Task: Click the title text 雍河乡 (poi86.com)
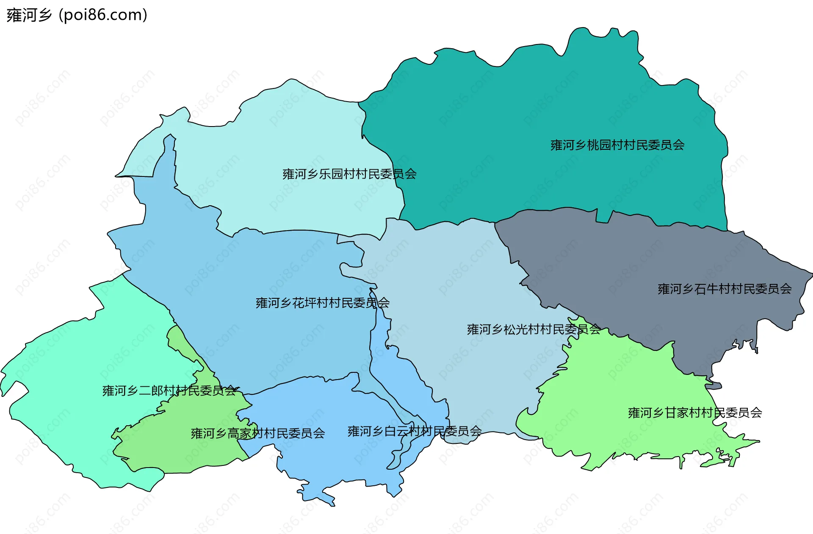(77, 15)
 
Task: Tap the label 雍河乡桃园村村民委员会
(617, 145)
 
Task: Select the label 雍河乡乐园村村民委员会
(349, 174)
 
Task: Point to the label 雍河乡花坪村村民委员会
(322, 303)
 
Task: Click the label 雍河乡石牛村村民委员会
(724, 289)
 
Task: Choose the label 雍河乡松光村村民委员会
(534, 329)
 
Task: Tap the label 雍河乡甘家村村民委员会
(694, 413)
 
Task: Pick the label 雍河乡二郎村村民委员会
(169, 391)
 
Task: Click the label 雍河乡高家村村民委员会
(257, 433)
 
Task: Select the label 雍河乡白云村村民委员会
(414, 431)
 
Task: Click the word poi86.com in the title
(103, 15)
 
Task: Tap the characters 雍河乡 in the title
(29, 15)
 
